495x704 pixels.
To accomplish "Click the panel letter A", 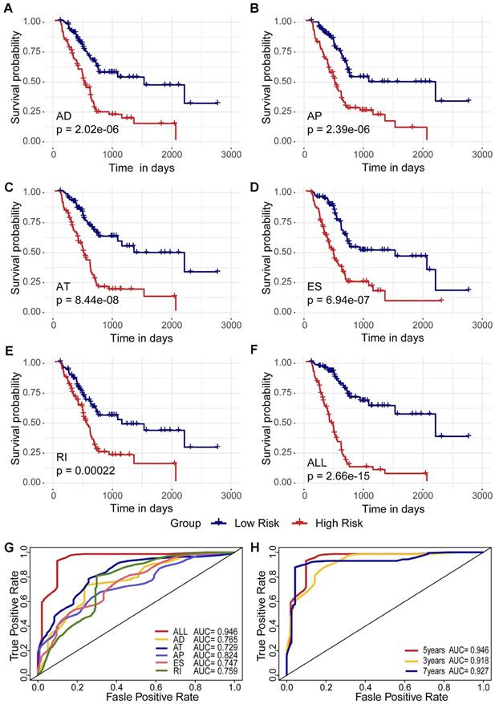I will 7,8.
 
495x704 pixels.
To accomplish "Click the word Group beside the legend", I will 186,523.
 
